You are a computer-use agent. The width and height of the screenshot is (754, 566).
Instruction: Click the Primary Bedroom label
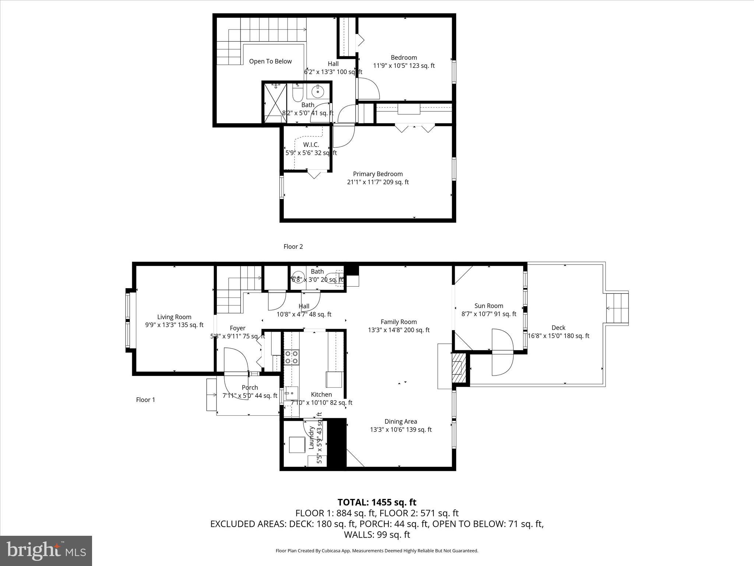378,174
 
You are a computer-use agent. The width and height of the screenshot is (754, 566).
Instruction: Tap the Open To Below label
270,62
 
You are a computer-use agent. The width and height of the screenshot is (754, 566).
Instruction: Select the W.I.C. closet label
311,145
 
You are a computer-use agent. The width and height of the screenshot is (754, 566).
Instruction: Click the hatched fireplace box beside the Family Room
458,368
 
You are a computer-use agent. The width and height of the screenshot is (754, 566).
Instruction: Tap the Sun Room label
489,306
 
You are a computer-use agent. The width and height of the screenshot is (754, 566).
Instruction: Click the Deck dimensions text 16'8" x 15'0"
558,336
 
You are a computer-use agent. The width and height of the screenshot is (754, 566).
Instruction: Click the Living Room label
174,317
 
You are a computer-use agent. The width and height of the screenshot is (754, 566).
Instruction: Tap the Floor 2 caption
293,247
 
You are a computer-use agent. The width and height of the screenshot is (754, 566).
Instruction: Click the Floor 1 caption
145,400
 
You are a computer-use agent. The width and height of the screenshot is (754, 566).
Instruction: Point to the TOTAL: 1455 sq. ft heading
377,502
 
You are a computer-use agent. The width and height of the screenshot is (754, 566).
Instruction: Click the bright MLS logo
46,551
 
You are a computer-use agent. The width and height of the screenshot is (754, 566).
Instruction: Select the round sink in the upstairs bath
317,91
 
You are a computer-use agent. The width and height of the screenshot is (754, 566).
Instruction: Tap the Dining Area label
401,422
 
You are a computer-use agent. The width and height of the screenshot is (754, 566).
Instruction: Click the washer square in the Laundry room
297,445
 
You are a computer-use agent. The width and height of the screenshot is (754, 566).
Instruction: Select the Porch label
250,388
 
